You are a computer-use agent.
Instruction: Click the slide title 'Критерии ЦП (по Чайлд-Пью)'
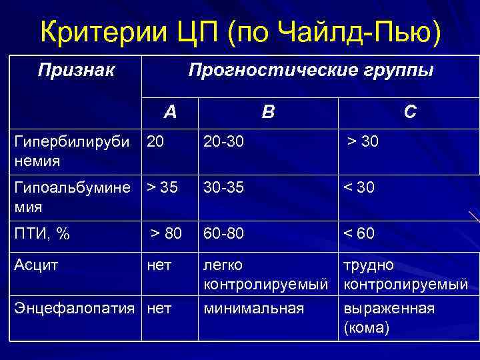(x=240, y=31)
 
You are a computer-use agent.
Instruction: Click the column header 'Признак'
(x=76, y=69)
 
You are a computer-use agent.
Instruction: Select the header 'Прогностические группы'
(x=311, y=69)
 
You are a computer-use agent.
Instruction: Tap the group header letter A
(x=171, y=112)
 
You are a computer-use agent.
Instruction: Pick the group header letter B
(x=267, y=112)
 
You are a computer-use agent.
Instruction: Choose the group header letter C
(x=410, y=112)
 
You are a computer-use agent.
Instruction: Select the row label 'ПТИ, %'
(x=42, y=233)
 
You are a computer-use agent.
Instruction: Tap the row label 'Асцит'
(x=37, y=265)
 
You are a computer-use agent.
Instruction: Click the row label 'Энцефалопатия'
(x=77, y=308)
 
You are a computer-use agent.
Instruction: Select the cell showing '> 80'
(x=165, y=233)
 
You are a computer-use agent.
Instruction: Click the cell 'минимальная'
(x=254, y=308)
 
